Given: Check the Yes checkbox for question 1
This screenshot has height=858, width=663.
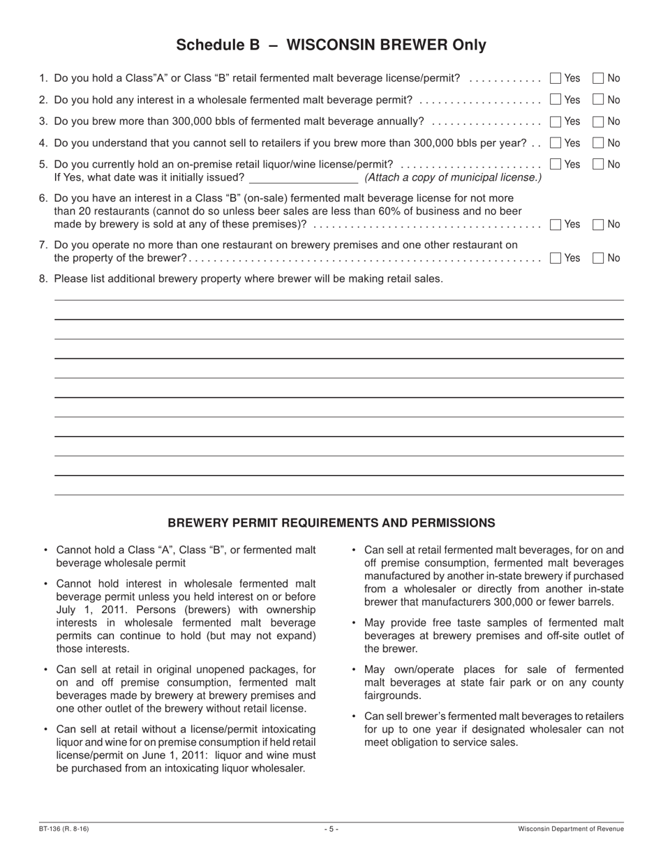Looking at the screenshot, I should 556,78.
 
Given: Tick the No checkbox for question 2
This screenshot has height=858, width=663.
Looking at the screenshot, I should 598,100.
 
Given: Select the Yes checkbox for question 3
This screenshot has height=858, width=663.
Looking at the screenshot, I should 556,121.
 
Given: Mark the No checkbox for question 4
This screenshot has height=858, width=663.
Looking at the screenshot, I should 598,143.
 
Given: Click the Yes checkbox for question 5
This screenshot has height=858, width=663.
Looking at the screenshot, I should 556,165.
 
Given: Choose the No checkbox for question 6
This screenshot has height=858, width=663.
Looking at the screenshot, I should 598,225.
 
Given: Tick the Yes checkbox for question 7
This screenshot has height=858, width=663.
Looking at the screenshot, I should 556,258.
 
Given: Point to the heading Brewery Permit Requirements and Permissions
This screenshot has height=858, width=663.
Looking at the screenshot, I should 331,522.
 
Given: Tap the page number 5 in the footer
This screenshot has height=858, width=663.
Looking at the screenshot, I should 331,829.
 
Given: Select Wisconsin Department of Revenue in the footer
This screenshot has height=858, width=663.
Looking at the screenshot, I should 571,829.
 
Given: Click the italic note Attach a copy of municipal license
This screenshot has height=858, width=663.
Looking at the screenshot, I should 453,178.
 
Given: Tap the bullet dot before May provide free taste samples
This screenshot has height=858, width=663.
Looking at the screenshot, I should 355,622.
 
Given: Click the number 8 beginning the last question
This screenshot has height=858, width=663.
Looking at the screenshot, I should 43,279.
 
